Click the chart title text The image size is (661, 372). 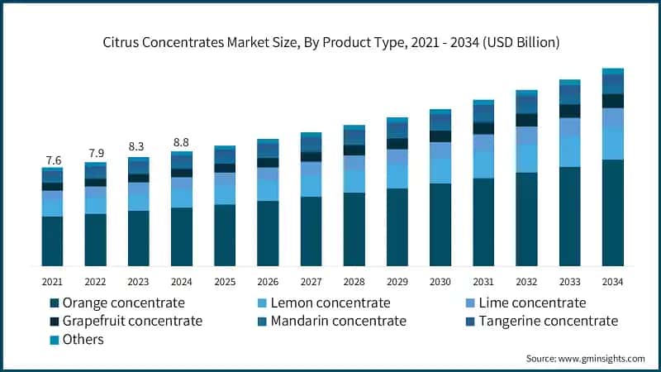[330, 43]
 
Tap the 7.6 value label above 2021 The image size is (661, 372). [52, 160]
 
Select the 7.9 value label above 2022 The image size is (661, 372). [95, 154]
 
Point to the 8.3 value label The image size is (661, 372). [138, 147]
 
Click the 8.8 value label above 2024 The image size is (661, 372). [181, 142]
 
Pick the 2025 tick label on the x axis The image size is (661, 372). [224, 281]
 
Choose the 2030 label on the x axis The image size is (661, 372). [440, 281]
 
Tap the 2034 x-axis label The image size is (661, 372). [612, 281]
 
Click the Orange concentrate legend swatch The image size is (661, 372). [55, 303]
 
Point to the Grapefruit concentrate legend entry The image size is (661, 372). [132, 321]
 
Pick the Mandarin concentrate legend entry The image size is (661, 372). [330, 321]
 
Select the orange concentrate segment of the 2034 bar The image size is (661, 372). [612, 212]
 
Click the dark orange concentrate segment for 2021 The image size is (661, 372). [52, 241]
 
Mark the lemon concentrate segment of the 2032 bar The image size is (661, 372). [526, 159]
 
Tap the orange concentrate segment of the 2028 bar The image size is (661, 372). [354, 229]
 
